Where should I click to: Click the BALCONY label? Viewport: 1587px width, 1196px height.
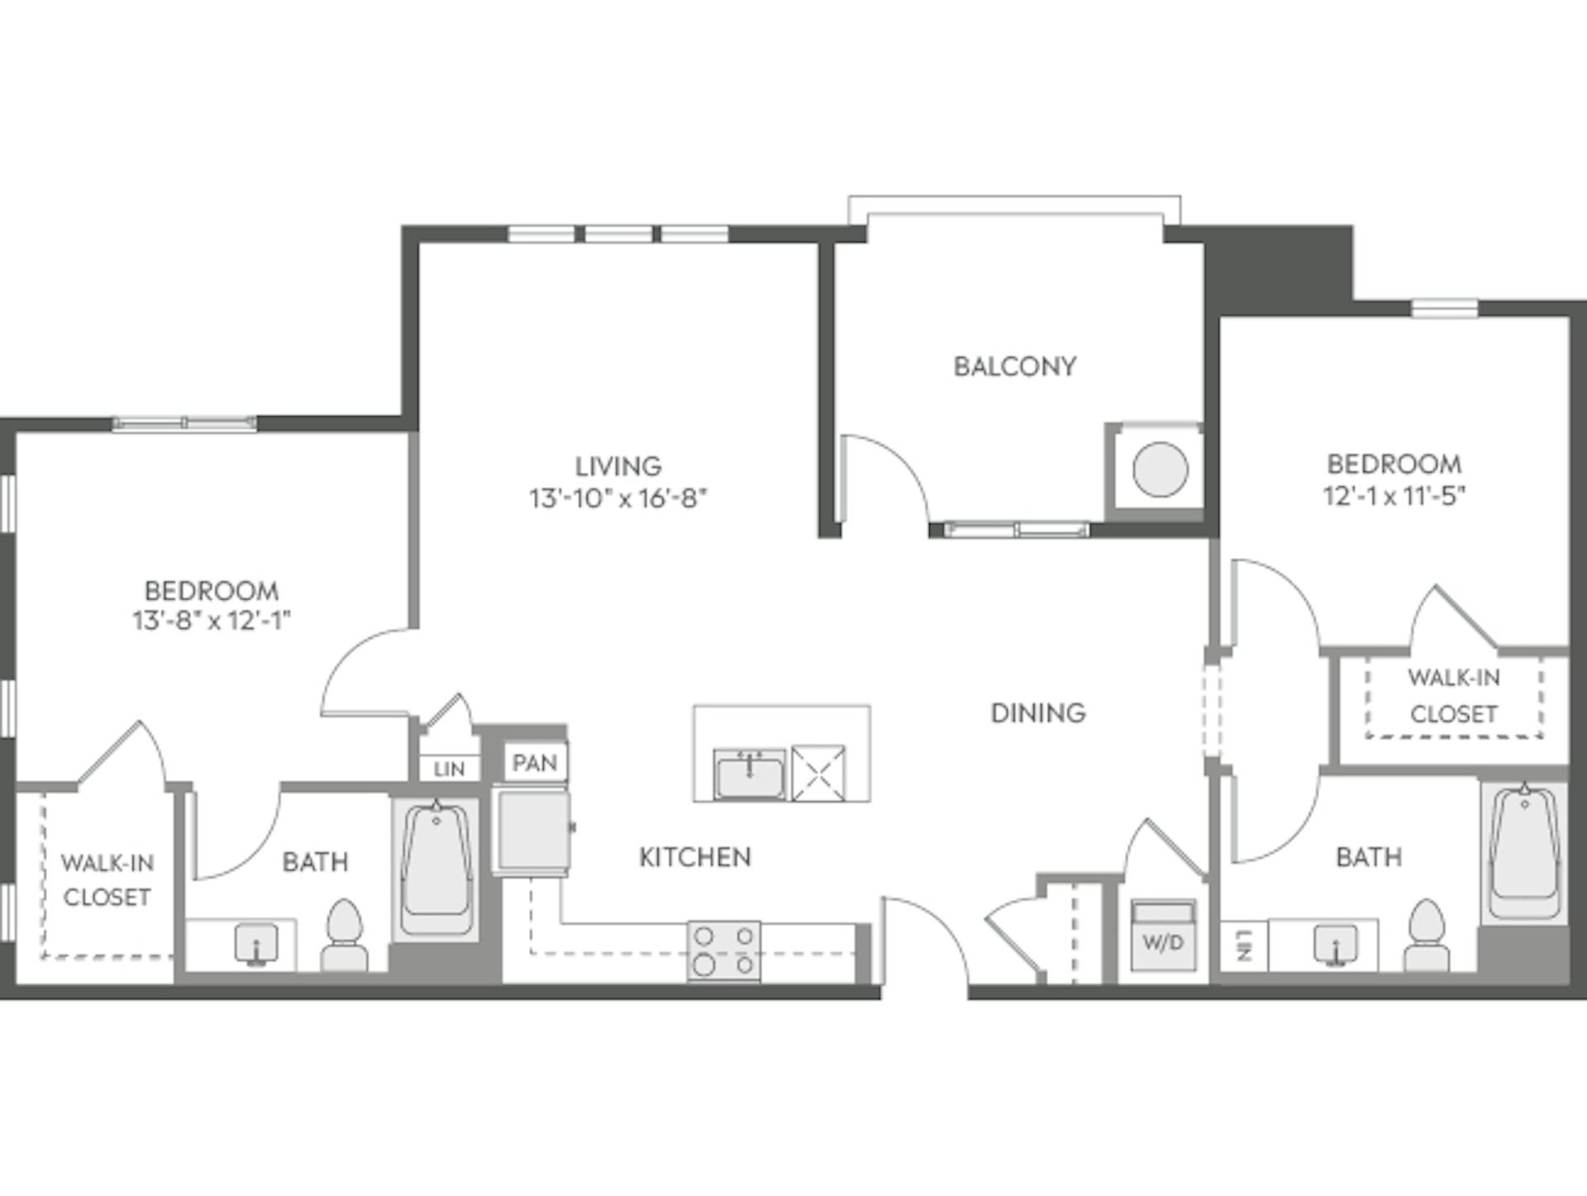point(1014,366)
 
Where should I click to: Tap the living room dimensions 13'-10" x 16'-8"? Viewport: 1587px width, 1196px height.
point(618,498)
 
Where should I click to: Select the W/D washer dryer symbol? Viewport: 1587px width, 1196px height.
point(1163,936)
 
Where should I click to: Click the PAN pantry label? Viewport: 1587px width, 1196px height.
point(535,762)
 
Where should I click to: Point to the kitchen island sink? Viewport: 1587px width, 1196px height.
point(749,775)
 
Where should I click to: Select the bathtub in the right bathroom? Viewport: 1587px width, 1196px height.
point(1525,851)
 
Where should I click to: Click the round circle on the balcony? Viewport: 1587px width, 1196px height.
point(1160,469)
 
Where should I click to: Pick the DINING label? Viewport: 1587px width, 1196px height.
point(1038,712)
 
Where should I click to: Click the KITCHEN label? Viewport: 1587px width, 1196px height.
point(695,857)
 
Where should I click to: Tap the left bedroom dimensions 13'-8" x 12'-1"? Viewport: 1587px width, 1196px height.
point(212,620)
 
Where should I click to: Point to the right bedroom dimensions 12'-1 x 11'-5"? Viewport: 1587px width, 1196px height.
point(1394,495)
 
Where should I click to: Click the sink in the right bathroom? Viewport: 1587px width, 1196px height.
point(1335,945)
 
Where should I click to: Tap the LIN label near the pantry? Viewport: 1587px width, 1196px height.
point(449,769)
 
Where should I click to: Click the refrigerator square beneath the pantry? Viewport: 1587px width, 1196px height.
point(532,831)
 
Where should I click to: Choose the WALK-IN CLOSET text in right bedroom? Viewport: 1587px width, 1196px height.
point(1453,696)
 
